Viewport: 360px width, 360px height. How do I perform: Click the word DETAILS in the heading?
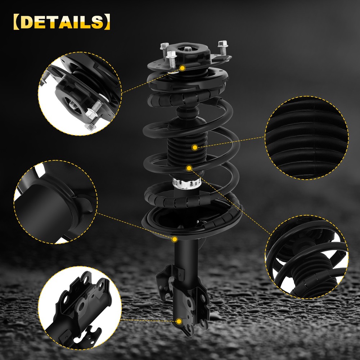coord(62,22)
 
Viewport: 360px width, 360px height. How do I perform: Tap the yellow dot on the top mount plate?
coord(183,68)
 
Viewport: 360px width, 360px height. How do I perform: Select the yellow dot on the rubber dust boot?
coord(195,147)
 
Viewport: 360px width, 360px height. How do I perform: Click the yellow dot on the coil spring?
coord(189,168)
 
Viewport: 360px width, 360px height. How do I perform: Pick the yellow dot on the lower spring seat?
coord(175,239)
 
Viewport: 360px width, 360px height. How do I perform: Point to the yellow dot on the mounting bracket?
coord(179,321)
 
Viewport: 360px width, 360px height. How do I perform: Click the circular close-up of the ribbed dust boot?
coord(307,138)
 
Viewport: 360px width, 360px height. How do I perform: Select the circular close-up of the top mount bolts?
coord(80,94)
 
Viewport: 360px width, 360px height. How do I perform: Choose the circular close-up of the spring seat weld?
coord(55,202)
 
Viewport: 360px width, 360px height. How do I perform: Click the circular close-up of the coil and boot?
coord(307,257)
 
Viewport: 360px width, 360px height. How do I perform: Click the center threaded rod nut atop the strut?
coord(188,49)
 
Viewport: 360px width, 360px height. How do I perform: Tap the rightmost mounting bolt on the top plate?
coord(223,48)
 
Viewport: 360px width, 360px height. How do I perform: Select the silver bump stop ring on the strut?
coord(186,183)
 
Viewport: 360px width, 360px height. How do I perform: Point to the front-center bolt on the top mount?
coord(171,59)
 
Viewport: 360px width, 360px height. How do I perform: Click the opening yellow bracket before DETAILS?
coord(17,22)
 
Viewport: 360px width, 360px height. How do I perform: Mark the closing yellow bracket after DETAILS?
coord(107,22)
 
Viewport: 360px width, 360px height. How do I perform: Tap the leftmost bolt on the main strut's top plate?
coord(164,49)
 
